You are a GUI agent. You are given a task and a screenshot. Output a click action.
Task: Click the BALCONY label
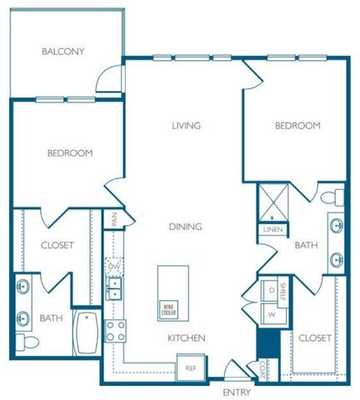coord(63,52)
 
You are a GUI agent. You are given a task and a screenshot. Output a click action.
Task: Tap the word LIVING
coord(187,126)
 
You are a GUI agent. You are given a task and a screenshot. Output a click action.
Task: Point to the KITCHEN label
coord(187,337)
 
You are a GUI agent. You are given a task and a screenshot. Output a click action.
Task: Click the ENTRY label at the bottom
coord(236,391)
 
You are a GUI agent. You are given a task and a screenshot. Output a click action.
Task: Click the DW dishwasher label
coord(115,267)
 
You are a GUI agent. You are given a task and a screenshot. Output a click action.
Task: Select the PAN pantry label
coord(116,219)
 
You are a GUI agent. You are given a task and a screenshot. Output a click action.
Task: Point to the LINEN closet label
coord(272,228)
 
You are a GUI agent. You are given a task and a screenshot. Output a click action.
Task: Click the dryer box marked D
coord(271,291)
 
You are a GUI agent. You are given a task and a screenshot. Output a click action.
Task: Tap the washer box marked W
coord(271,314)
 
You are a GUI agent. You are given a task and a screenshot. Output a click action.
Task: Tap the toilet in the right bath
coord(335,197)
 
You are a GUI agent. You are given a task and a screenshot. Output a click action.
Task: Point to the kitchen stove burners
coord(115,330)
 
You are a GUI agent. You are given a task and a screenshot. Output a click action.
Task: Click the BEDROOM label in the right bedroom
coord(297,126)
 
